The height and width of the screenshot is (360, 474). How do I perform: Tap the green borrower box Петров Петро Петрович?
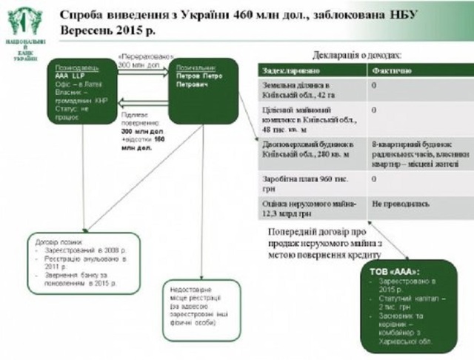pos(202,90)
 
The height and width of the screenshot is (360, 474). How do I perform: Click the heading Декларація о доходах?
pos(357,55)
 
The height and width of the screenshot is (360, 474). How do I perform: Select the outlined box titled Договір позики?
pos(84,264)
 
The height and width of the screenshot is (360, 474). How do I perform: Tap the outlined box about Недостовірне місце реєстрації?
pos(202,308)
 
